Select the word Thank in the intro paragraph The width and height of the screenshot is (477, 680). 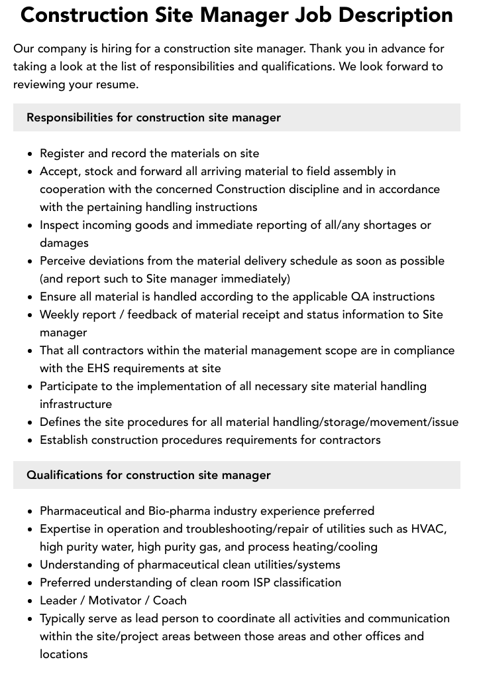tap(326, 48)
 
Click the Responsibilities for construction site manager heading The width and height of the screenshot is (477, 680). tap(154, 117)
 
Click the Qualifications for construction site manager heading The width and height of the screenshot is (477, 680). tap(148, 475)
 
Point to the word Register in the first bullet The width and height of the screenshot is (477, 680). tap(62, 153)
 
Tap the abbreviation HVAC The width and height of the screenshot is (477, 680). tap(429, 529)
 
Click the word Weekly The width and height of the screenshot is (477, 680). tap(60, 314)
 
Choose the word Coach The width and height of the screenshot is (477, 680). tap(170, 600)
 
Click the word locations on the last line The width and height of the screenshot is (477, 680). tap(64, 654)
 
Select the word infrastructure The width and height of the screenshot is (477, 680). tap(76, 404)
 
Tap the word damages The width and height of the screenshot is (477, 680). tap(64, 243)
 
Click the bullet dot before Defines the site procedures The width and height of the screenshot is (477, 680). tap(30, 423)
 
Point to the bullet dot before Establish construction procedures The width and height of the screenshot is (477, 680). tap(30, 441)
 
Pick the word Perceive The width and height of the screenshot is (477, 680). tap(63, 261)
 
